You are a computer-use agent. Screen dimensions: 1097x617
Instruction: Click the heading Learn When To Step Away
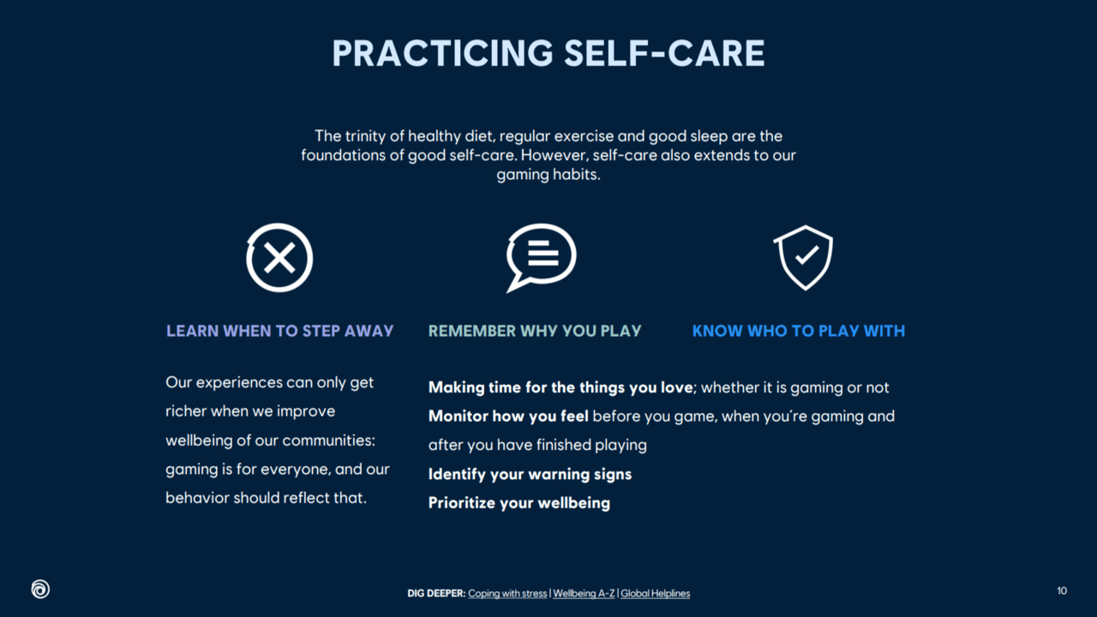coord(279,331)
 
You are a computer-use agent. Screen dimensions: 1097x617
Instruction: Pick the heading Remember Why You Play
coord(535,331)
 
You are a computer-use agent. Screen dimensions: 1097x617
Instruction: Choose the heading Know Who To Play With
coord(798,331)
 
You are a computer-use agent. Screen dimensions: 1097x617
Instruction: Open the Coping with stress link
coord(507,594)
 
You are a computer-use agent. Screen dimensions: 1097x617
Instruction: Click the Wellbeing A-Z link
coord(584,594)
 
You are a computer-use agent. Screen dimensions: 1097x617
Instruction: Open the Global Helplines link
coord(656,594)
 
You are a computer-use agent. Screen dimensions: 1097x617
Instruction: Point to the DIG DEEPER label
coord(436,594)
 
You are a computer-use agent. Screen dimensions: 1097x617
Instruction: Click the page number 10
coord(1062,590)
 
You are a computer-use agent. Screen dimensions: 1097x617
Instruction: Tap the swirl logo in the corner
coord(40,589)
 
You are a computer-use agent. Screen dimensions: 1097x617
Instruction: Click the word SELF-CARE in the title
coord(664,53)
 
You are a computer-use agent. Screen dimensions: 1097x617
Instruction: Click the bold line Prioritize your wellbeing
coord(519,503)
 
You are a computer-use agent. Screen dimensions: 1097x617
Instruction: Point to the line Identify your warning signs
coord(530,474)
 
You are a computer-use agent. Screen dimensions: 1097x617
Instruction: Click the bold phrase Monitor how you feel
coord(508,416)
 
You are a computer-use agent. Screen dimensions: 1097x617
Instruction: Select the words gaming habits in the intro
coord(548,175)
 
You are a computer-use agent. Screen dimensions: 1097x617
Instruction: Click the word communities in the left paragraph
coord(328,440)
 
